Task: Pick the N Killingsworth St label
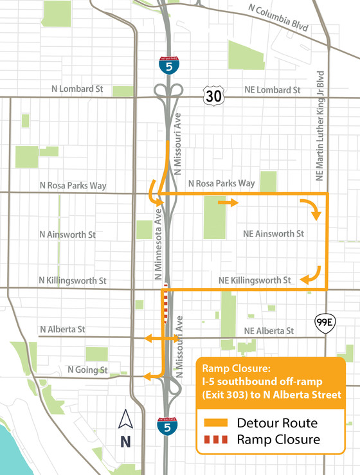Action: [72, 281]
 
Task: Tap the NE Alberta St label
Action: [269, 330]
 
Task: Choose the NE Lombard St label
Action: [272, 91]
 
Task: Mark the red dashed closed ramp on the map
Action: [166, 302]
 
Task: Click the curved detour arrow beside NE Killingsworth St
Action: [312, 274]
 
